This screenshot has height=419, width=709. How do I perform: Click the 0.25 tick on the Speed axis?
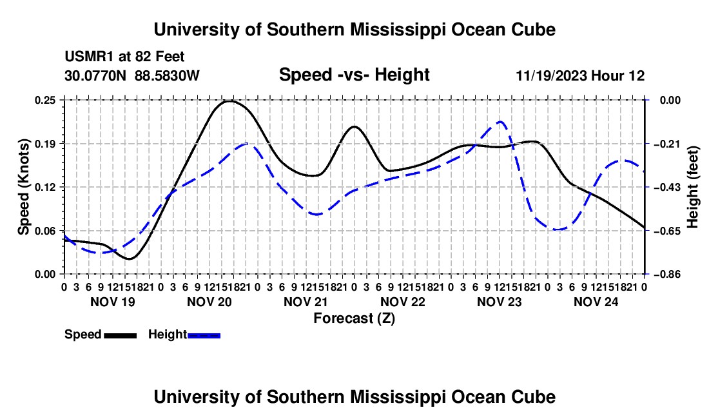point(46,100)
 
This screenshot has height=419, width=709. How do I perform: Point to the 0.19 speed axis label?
point(46,144)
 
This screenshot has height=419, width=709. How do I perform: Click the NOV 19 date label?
point(113,302)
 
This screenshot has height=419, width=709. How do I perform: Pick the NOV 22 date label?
point(403,302)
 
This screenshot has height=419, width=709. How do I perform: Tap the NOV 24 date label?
point(596,302)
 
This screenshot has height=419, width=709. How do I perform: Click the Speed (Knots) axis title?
point(23,187)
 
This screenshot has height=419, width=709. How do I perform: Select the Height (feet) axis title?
point(692,187)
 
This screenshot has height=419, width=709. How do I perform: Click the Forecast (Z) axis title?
point(354,318)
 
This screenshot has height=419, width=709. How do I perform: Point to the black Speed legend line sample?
point(121,336)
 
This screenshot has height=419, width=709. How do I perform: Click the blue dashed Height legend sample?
point(204,336)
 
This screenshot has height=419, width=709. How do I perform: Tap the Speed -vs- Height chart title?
point(354,75)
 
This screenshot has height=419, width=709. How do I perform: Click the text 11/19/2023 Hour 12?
point(581,75)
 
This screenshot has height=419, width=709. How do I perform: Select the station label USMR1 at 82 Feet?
point(124,57)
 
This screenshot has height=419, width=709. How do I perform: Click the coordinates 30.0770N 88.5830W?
point(132,75)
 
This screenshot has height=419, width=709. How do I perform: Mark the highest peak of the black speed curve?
point(231,101)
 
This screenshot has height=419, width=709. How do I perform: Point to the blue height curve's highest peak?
point(500,122)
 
